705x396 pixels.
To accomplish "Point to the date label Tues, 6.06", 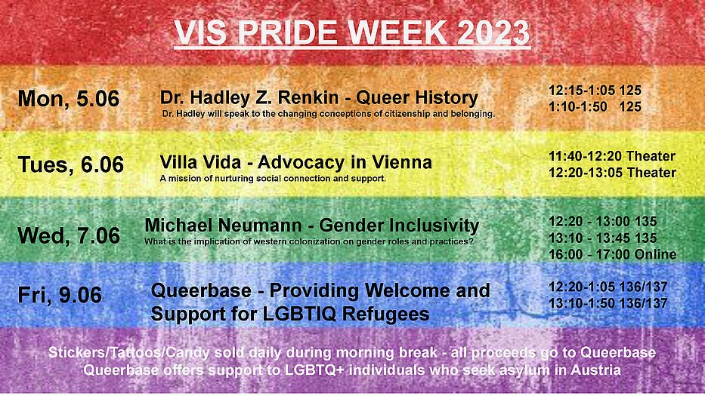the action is pyautogui.click(x=70, y=164).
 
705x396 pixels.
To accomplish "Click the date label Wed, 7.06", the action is pyautogui.click(x=69, y=235).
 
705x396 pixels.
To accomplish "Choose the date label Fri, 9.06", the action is pyautogui.click(x=60, y=296).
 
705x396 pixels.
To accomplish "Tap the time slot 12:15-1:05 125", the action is pyautogui.click(x=595, y=91).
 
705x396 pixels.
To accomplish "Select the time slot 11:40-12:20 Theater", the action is pyautogui.click(x=612, y=156).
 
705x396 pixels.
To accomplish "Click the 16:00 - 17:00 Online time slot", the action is pyautogui.click(x=612, y=255).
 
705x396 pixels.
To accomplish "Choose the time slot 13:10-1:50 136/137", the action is pyautogui.click(x=608, y=303).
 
